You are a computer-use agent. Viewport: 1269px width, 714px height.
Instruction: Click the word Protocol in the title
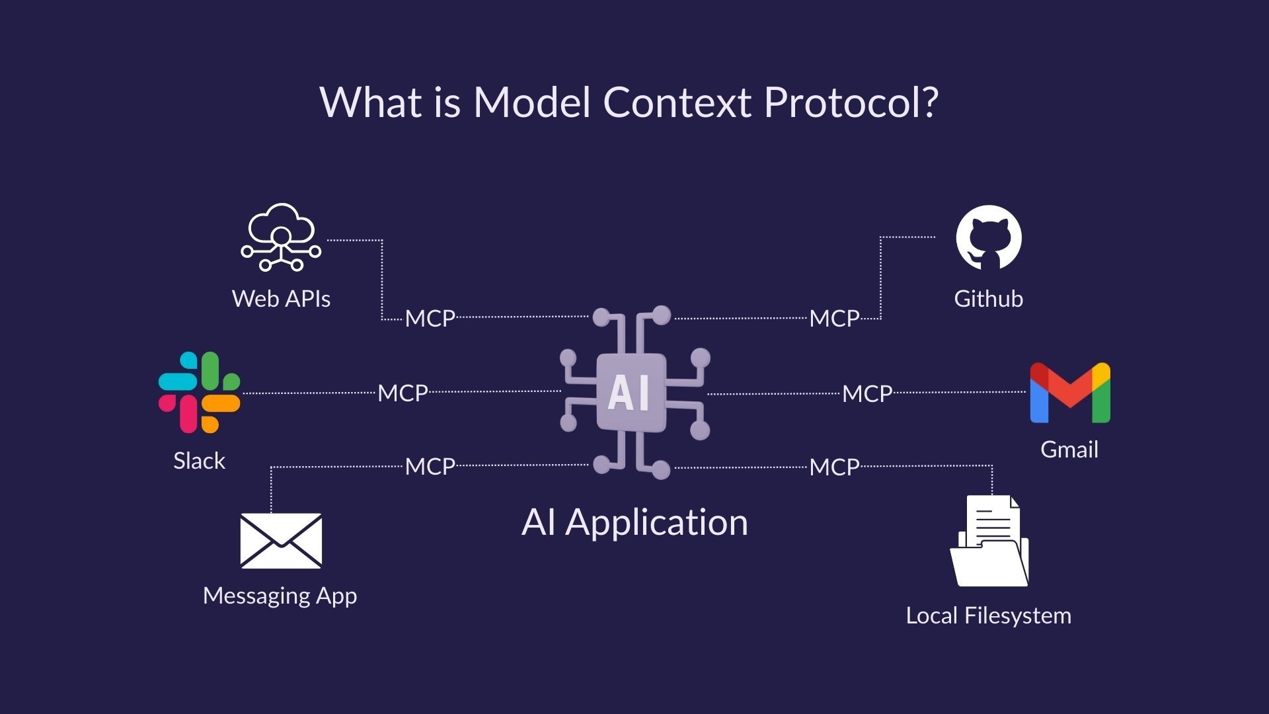[x=851, y=102]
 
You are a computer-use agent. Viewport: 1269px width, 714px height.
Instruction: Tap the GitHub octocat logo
[x=989, y=237]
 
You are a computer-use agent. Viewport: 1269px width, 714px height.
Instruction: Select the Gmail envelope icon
[x=1069, y=393]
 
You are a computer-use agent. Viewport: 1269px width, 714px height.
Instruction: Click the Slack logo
[x=199, y=392]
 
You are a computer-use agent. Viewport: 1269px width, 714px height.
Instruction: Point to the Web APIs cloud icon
[x=281, y=237]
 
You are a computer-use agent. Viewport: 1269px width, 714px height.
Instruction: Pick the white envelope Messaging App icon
[x=281, y=541]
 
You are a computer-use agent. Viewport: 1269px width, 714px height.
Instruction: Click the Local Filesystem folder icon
[x=989, y=542]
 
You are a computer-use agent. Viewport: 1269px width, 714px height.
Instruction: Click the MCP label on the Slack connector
[x=403, y=393]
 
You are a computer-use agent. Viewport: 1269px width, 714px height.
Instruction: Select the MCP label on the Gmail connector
[x=867, y=394]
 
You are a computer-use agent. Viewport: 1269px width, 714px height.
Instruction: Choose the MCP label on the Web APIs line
[x=430, y=319]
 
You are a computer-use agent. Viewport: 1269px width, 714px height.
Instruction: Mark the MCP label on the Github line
[x=834, y=319]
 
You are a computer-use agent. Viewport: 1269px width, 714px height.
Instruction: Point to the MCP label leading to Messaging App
[x=430, y=467]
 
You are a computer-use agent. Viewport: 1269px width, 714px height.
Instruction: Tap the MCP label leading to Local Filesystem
[x=834, y=467]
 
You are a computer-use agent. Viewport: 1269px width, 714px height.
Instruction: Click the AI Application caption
[x=634, y=522]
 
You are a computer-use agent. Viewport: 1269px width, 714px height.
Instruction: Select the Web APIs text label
[x=281, y=299]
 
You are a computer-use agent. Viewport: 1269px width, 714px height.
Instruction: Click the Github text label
[x=989, y=299]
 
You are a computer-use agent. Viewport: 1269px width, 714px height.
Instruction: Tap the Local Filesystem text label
[x=988, y=615]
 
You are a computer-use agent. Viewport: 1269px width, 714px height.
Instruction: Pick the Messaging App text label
[x=280, y=596]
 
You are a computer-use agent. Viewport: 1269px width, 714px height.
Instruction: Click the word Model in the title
[x=531, y=102]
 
